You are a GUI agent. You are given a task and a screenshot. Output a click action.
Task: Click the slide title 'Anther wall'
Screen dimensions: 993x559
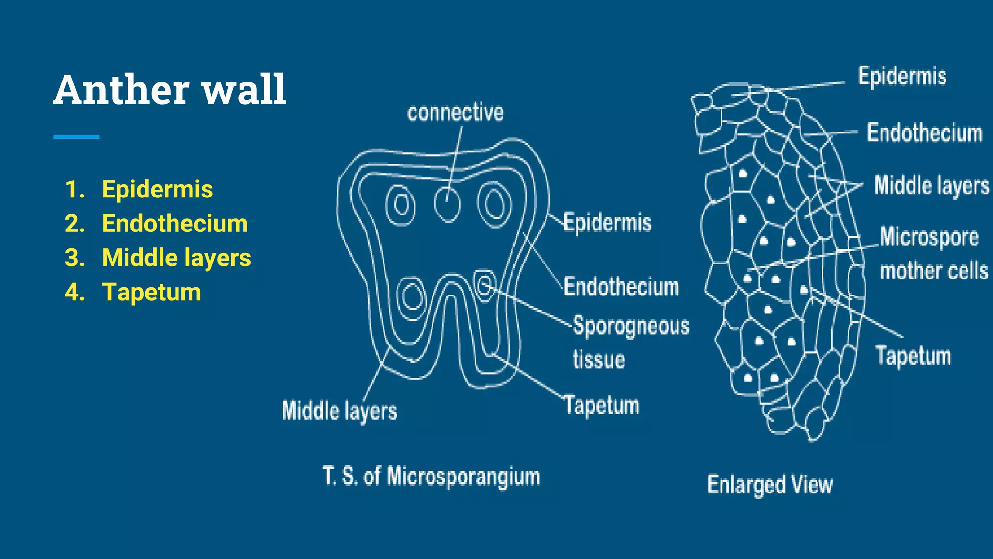(x=170, y=90)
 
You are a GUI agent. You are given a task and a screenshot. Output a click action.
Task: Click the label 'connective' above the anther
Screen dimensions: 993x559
(x=455, y=113)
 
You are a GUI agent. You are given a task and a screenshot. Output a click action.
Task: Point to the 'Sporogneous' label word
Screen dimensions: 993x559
(x=631, y=326)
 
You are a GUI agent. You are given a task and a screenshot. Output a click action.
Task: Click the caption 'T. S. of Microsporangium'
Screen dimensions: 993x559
(x=431, y=476)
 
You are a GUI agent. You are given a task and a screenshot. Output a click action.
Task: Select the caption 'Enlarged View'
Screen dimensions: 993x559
(x=769, y=485)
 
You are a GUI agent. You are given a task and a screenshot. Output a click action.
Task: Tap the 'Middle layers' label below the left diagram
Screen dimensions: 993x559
(x=339, y=411)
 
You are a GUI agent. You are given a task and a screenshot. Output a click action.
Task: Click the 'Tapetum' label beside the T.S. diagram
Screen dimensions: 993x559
(x=602, y=405)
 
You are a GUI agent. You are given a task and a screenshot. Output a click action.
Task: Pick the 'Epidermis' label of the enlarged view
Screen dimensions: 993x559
(x=902, y=76)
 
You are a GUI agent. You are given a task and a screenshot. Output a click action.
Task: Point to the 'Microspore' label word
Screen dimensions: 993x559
(x=929, y=237)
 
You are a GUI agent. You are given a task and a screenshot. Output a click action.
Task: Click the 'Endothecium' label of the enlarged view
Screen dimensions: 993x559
(x=925, y=133)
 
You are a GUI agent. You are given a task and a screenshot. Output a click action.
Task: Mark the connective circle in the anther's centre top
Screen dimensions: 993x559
(x=447, y=204)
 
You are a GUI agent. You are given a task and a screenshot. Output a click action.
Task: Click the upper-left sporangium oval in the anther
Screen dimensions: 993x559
(x=400, y=204)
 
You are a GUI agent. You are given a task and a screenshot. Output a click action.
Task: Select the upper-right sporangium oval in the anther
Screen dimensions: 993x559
(x=494, y=204)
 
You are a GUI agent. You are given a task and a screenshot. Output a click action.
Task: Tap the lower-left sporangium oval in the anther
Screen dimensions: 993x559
(x=412, y=296)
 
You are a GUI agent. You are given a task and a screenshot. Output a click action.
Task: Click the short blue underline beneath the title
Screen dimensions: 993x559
(x=76, y=137)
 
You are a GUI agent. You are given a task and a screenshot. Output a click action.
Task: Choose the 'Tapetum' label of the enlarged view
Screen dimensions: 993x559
(x=913, y=356)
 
